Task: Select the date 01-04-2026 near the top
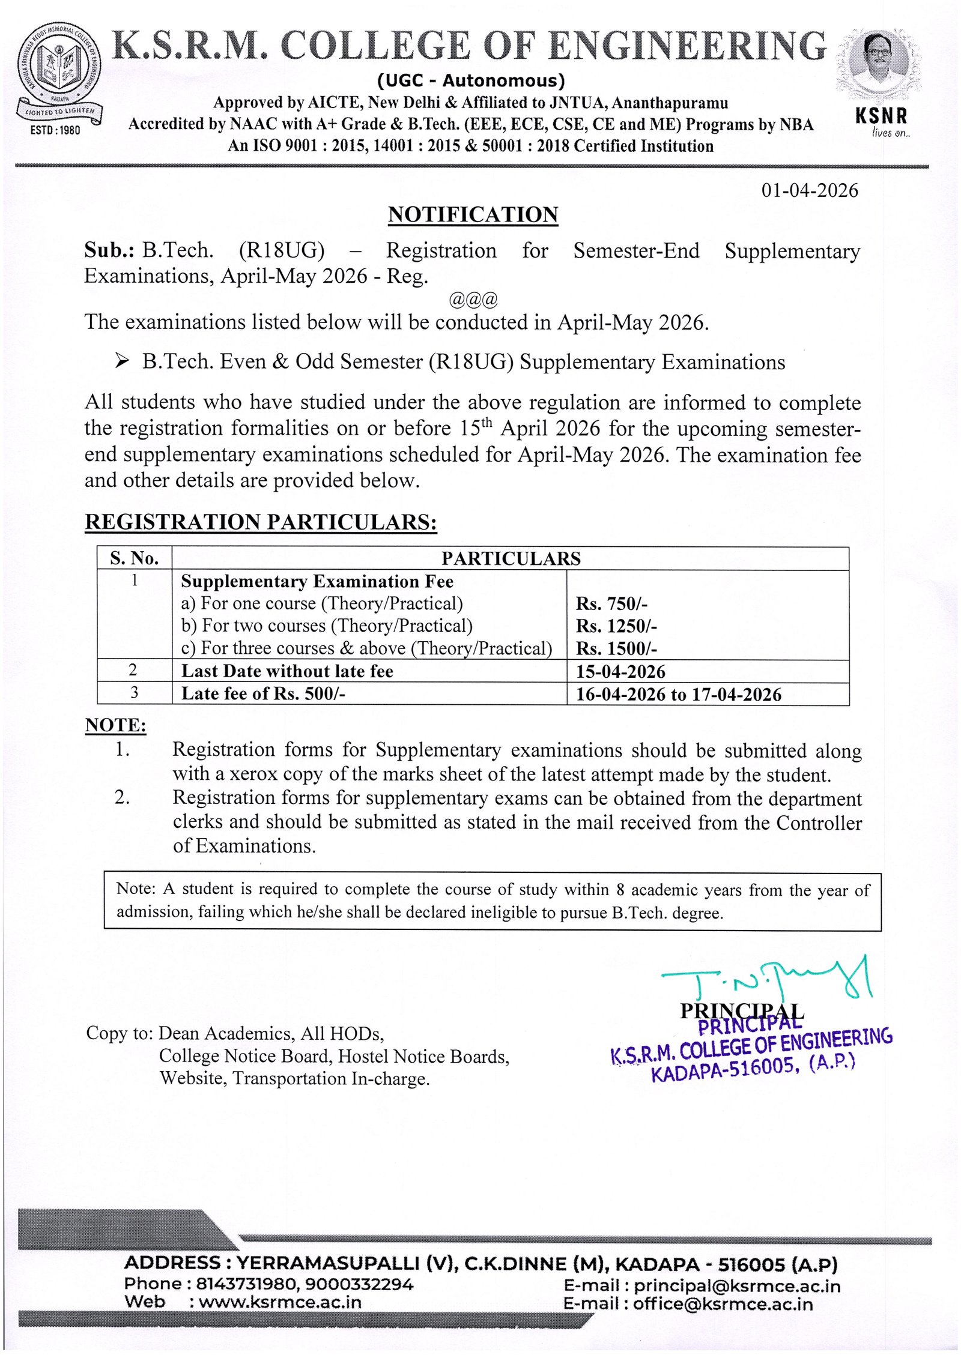coord(809,190)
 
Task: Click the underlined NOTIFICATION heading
coord(473,215)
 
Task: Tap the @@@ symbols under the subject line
coord(473,299)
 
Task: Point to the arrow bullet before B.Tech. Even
coord(122,361)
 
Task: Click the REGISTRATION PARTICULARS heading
coord(261,522)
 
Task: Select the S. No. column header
coord(134,558)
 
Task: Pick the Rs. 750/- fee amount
coord(611,604)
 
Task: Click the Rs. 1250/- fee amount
coord(616,626)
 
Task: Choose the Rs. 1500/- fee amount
coord(616,649)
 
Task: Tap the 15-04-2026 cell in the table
coord(620,671)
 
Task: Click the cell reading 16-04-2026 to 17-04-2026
coord(679,694)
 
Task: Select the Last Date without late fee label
coord(287,671)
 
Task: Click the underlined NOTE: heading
coord(115,725)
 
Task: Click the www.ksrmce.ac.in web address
coord(280,1302)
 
